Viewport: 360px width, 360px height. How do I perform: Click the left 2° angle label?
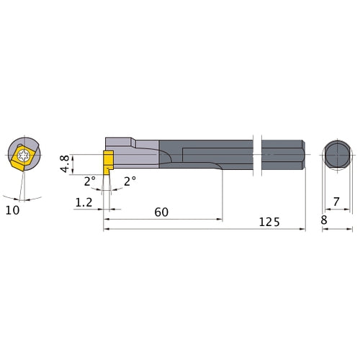coord(89,181)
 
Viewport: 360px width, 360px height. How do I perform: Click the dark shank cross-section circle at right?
coord(336,153)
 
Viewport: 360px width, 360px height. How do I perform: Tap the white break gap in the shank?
coord(260,153)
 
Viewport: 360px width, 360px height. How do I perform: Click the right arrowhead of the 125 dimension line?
coord(303,230)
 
